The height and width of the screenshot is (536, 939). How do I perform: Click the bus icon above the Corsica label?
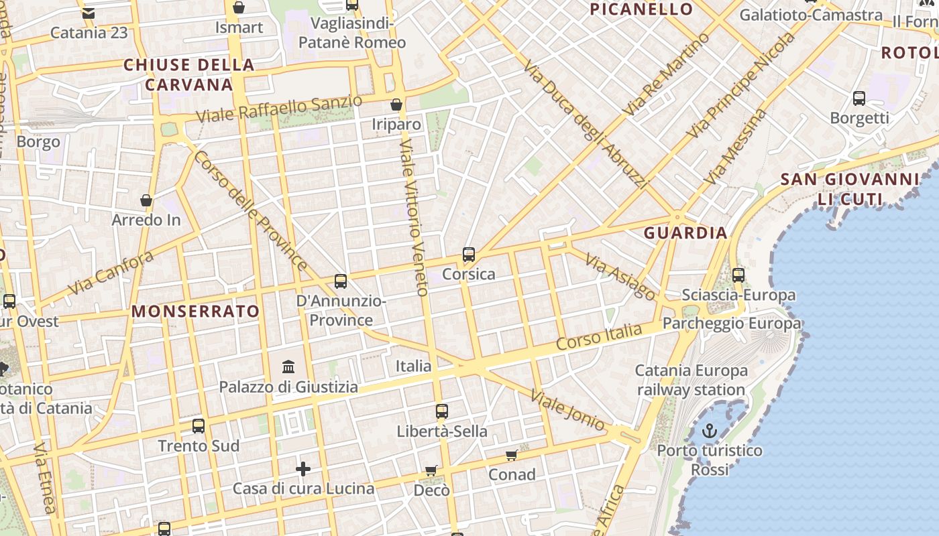pyautogui.click(x=469, y=255)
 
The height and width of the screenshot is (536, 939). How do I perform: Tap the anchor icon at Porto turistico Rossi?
pyautogui.click(x=710, y=431)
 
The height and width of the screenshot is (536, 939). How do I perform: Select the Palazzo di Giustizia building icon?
pyautogui.click(x=289, y=366)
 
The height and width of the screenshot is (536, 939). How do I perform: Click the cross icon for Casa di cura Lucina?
pyautogui.click(x=303, y=469)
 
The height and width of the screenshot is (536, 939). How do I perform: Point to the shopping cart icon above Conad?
pyautogui.click(x=512, y=456)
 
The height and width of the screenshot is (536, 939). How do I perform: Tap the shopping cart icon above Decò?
pyautogui.click(x=431, y=471)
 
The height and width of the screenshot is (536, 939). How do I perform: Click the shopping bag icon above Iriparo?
pyautogui.click(x=396, y=105)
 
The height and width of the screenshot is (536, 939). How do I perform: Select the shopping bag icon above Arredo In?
pyautogui.click(x=146, y=200)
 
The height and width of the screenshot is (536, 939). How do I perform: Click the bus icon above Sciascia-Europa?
pyautogui.click(x=738, y=275)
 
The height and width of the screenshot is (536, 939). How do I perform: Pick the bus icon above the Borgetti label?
pyautogui.click(x=859, y=98)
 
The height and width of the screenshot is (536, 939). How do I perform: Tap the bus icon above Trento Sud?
pyautogui.click(x=199, y=425)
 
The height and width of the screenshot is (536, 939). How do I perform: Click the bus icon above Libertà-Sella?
pyautogui.click(x=441, y=411)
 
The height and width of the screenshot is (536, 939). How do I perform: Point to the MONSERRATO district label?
pyautogui.click(x=195, y=311)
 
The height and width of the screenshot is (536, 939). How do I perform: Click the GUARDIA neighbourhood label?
pyautogui.click(x=685, y=233)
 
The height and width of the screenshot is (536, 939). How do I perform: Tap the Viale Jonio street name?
pyautogui.click(x=567, y=409)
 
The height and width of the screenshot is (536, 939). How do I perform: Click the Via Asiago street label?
pyautogui.click(x=620, y=277)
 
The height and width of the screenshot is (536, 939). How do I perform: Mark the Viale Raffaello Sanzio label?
pyautogui.click(x=279, y=109)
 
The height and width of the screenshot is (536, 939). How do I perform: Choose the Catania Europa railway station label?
pyautogui.click(x=691, y=380)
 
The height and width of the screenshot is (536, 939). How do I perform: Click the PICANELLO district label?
pyautogui.click(x=641, y=9)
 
